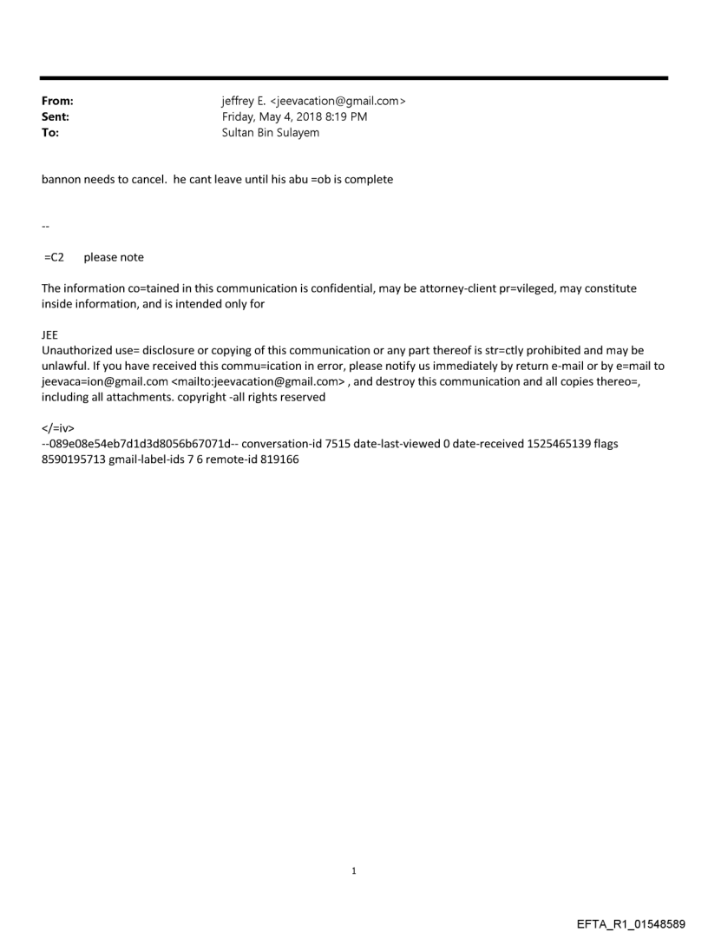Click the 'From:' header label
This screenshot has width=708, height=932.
(x=56, y=102)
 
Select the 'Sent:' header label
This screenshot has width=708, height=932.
(x=55, y=116)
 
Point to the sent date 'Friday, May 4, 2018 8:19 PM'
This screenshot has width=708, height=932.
(x=295, y=116)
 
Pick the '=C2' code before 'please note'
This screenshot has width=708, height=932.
(x=55, y=257)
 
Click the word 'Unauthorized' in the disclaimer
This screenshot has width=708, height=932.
(x=76, y=350)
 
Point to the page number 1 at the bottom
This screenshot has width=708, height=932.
(x=354, y=870)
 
